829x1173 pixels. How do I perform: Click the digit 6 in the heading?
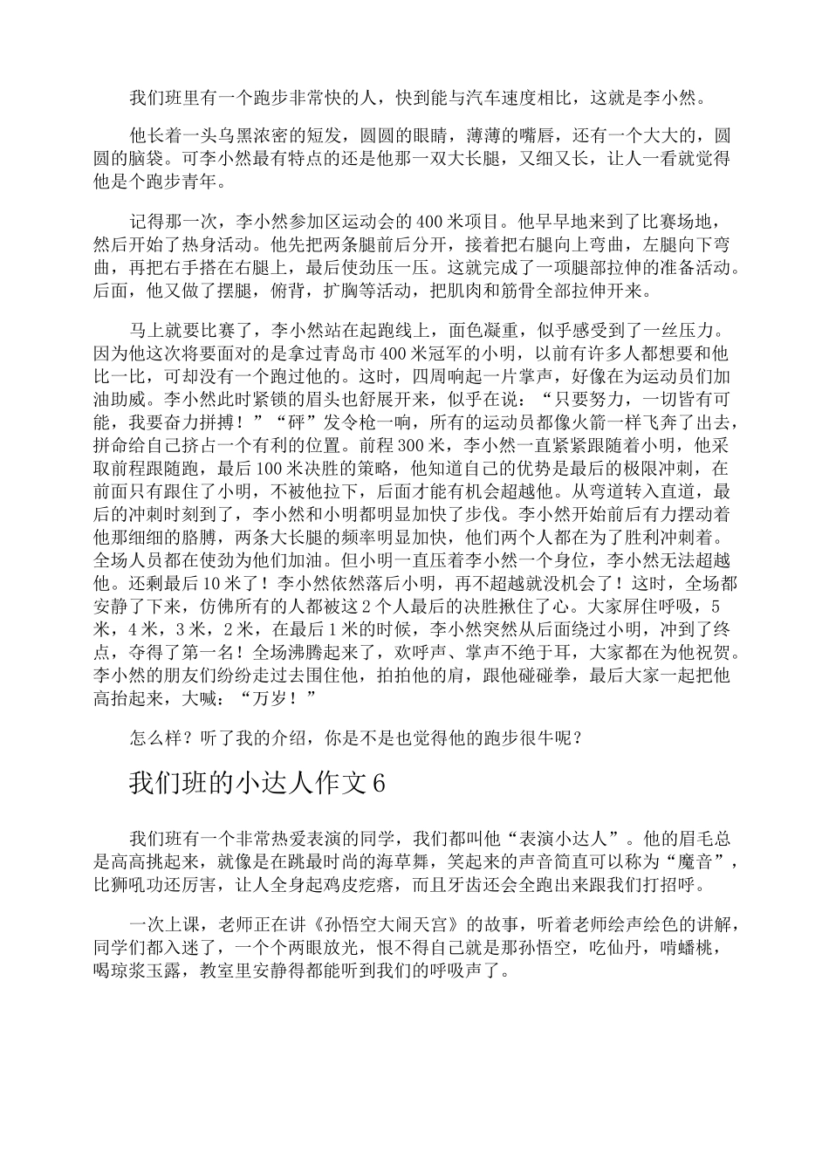378,784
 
